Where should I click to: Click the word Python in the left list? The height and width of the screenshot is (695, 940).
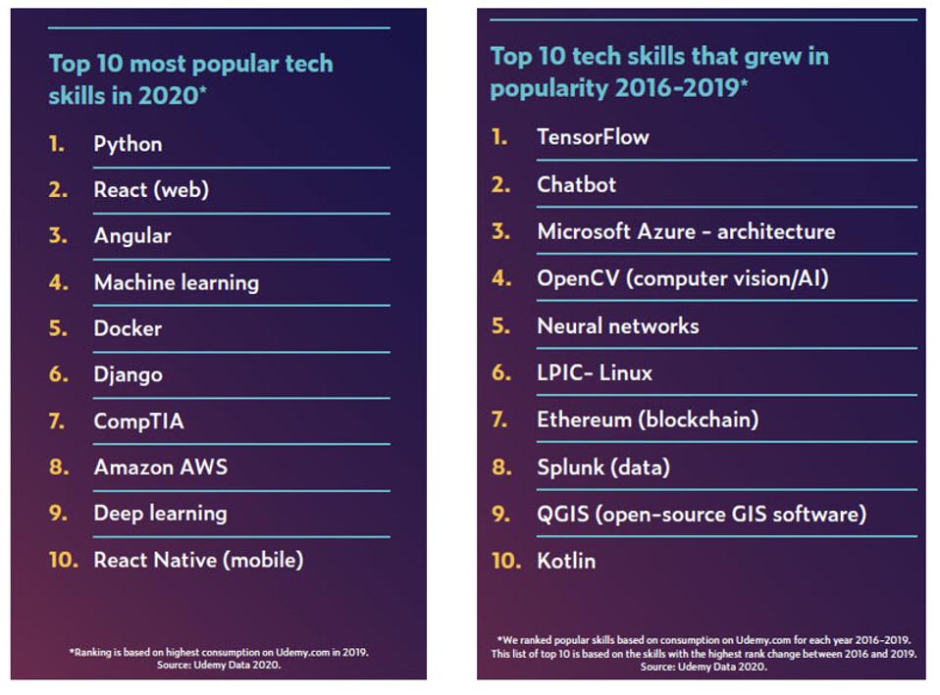128,144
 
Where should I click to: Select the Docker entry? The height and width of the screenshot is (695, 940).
128,328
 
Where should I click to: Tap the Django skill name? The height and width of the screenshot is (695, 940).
128,374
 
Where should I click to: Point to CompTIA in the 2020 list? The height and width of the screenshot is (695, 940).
138,422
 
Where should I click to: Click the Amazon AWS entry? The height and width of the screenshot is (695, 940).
160,468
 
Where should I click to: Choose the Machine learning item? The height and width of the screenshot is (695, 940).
176,282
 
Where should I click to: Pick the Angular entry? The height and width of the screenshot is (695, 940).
132,236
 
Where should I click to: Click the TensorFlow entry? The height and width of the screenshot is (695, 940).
593,137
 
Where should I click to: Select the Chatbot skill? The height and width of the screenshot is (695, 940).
576,184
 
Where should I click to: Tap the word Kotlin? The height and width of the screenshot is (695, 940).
566,561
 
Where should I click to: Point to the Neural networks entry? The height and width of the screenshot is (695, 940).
617,325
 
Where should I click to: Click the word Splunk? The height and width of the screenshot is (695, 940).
568,468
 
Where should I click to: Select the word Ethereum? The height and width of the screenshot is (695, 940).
584,420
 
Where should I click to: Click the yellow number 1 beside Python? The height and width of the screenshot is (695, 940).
56,144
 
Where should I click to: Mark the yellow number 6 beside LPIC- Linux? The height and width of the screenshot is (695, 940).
501,372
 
